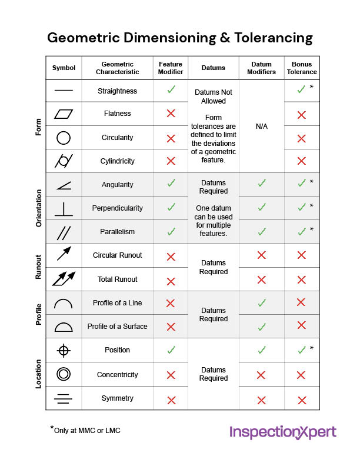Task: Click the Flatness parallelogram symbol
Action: (64, 114)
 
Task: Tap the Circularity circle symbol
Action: (64, 138)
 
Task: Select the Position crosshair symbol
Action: (64, 351)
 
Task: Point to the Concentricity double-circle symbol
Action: (64, 374)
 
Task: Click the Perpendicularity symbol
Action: (64, 208)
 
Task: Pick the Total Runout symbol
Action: (64, 279)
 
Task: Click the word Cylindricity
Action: (117, 161)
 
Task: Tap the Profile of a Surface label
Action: (117, 327)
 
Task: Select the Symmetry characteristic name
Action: (117, 398)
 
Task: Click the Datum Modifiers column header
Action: (261, 68)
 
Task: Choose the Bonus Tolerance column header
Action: (302, 68)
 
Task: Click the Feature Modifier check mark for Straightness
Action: (171, 90)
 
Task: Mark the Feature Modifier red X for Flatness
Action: (171, 114)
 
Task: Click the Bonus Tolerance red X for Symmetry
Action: (302, 400)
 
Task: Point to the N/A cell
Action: (262, 126)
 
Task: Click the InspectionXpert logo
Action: (282, 432)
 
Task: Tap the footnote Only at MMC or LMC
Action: (86, 430)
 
